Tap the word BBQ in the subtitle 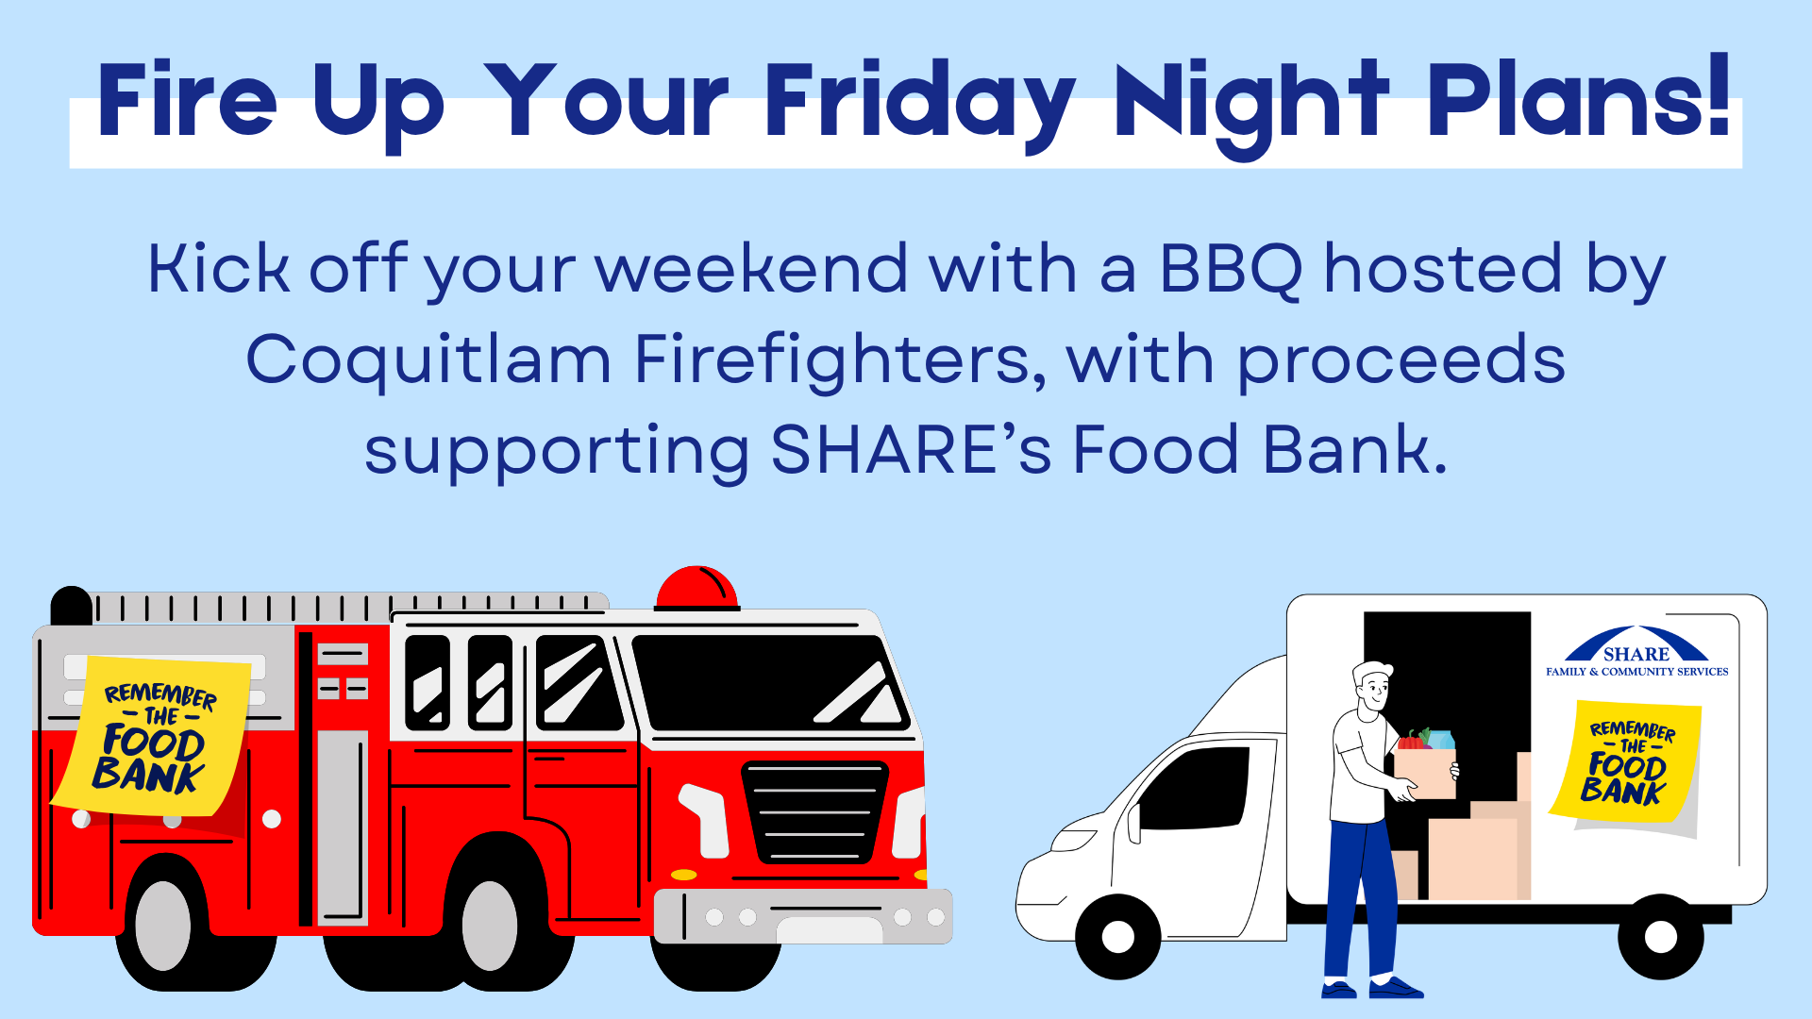(1231, 268)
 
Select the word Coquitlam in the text (428, 360)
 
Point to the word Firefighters (841, 360)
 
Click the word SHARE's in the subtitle (910, 450)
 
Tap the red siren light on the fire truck (696, 587)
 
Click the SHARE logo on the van (1636, 651)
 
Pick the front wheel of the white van (1118, 937)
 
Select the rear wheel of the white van (1661, 937)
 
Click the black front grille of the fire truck (814, 812)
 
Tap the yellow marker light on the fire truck (683, 875)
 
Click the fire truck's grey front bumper (803, 916)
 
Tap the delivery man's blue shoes (1373, 988)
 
